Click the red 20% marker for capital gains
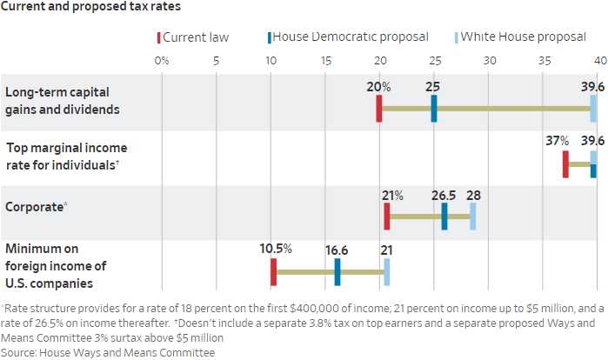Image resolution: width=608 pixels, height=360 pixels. tap(379, 109)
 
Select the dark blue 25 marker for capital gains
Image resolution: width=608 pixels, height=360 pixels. tap(434, 109)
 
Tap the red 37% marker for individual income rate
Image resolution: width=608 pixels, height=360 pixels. tap(565, 163)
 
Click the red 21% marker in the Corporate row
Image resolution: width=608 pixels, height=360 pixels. tap(387, 217)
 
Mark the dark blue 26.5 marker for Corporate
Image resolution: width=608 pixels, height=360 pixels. tap(444, 217)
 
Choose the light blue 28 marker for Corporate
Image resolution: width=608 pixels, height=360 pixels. tap(473, 217)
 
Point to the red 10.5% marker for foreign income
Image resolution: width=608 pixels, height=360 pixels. tap(273, 271)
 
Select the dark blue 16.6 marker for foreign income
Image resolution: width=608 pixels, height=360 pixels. tap(337, 271)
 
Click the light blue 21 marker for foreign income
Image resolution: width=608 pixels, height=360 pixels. tap(387, 271)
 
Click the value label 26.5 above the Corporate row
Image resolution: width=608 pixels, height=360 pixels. tap(444, 196)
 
